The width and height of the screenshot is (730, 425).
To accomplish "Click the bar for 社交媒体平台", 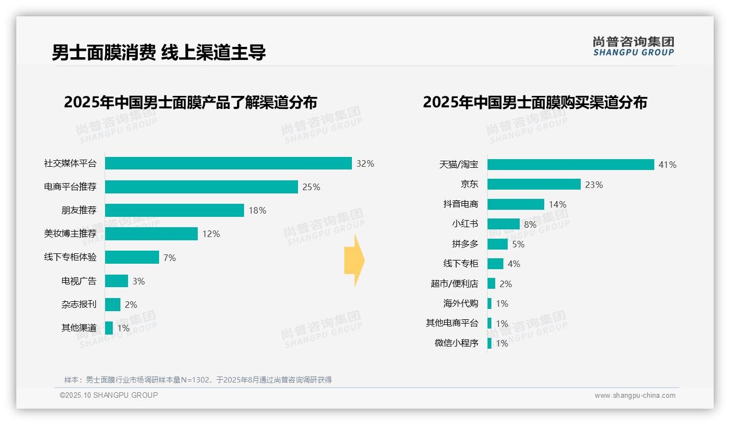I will pos(228,163).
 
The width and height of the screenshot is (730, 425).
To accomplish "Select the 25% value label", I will pos(311,187).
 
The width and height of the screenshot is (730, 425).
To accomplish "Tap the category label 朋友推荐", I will pos(79,210).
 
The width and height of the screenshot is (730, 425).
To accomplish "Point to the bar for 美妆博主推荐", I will pos(151,234).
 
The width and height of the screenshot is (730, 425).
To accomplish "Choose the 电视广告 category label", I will pos(79,281).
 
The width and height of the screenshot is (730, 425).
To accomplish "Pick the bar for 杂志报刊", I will pos(113,305).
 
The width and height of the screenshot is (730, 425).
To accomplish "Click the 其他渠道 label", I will pos(79,328).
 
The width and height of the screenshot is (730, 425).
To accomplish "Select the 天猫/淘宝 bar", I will pos(570,165).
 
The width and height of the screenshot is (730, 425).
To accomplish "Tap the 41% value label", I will pos(667,165).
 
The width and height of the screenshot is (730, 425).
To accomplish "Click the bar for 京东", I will pos(534,184).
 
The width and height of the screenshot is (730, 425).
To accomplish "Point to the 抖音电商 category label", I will pos(461,204).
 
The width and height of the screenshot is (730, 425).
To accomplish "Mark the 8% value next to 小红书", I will pos(530,224).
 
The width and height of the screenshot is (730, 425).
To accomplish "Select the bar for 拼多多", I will pos(497,244).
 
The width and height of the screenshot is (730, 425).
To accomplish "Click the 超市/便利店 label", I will pos(454,284).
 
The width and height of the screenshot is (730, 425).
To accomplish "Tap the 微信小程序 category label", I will pos(457,343).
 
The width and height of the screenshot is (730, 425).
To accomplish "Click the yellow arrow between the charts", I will pos(354,261).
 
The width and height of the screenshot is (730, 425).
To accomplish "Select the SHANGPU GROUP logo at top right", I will pos(634,46).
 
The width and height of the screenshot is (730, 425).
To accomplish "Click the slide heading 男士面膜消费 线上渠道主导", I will pos(159,53).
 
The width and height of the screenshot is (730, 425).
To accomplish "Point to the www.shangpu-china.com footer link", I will pos(635,396).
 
